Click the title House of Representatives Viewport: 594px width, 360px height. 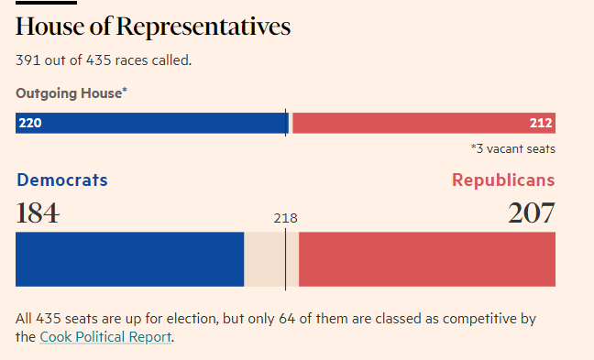[153, 27]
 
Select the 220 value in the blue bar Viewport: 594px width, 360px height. [29, 123]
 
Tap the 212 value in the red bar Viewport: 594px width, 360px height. [541, 123]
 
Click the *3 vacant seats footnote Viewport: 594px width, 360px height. [512, 148]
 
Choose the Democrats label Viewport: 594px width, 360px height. [62, 180]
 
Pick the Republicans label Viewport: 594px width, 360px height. [503, 180]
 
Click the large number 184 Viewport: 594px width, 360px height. [38, 213]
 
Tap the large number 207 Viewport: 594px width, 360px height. [532, 213]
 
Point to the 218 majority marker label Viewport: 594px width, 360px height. [285, 218]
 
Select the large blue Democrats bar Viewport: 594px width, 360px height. [129, 259]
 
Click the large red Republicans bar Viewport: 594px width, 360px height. [426, 259]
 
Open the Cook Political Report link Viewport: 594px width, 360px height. [105, 337]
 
